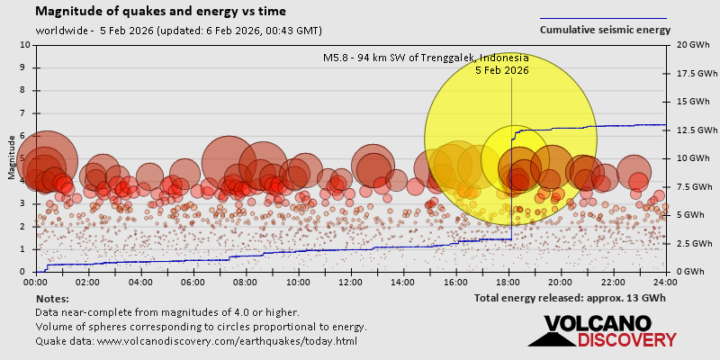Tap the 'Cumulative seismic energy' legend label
tap(605, 30)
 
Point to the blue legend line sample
tap(603, 18)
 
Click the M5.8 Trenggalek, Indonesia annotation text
tap(426, 58)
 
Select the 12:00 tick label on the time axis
tap(351, 282)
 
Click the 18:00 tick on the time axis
tap(508, 282)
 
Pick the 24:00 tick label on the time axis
tap(665, 282)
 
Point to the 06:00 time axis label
tap(193, 282)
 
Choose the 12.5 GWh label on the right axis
tap(691, 130)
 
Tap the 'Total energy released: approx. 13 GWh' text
tap(570, 297)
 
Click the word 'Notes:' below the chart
tap(52, 298)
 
